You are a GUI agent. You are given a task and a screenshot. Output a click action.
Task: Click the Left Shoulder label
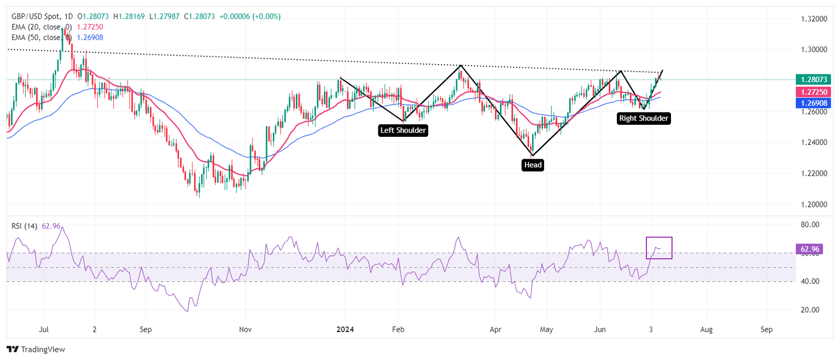[403, 131]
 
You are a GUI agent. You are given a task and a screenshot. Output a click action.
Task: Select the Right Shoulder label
[644, 118]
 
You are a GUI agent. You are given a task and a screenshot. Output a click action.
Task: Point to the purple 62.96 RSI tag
[809, 249]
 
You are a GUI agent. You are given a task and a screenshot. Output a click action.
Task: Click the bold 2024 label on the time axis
[345, 329]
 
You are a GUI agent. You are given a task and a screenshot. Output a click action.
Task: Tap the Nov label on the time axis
[246, 329]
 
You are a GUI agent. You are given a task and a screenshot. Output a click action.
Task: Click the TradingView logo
[36, 349]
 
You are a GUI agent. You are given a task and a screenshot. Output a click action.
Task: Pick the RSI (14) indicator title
[24, 226]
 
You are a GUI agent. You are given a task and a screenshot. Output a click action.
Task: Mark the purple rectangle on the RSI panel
[659, 247]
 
